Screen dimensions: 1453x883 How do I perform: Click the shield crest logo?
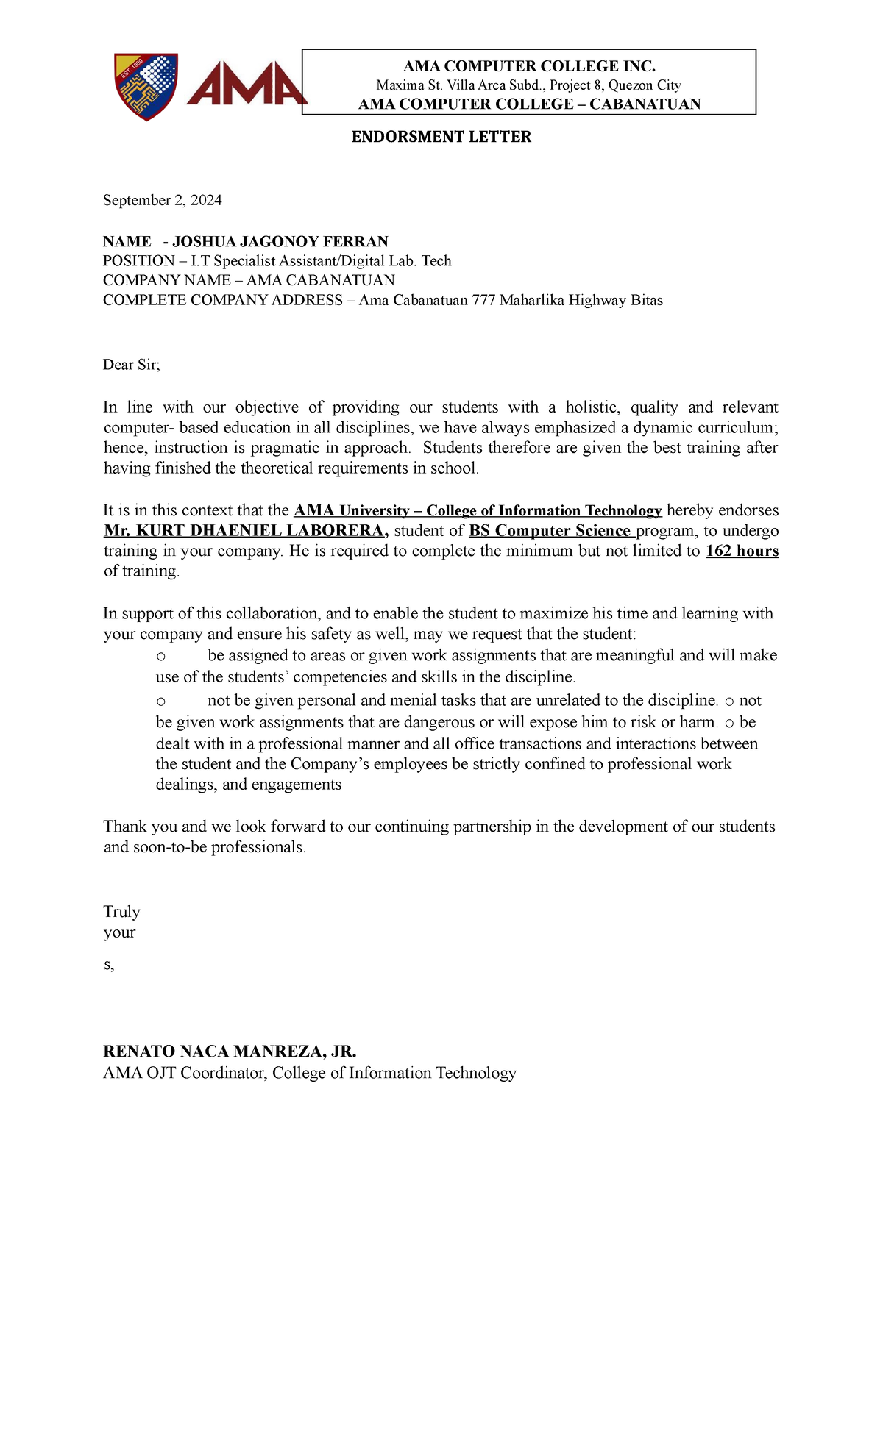coord(146,86)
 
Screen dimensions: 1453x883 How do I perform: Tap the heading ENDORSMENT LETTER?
coord(441,137)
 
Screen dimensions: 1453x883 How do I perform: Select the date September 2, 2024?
coord(162,200)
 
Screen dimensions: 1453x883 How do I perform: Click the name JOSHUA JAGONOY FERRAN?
coord(280,242)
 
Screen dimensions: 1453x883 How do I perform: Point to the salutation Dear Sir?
coord(131,365)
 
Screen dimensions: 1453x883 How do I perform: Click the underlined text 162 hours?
coord(742,551)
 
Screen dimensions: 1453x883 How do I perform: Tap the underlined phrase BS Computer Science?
coord(550,531)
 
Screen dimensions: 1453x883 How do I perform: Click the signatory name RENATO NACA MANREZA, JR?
coord(230,1052)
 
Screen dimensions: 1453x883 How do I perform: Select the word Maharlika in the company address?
coord(531,300)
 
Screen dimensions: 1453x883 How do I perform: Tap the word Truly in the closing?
coord(121,912)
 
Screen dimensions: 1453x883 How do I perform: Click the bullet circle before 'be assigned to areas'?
coord(161,656)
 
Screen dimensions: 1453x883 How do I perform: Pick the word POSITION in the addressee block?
coord(138,261)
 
